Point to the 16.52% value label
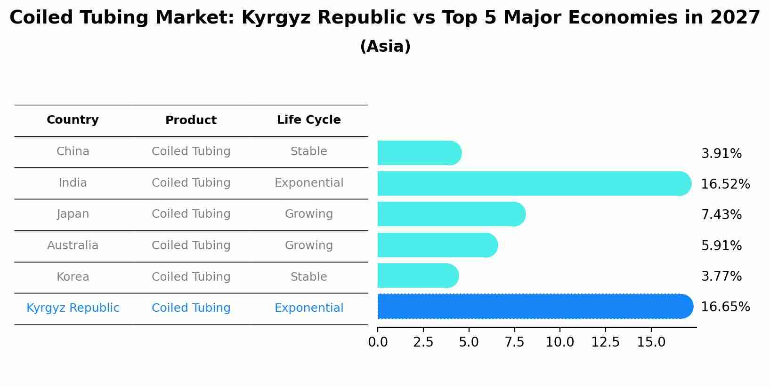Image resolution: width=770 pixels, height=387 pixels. (725, 184)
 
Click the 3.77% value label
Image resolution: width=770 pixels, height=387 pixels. (721, 276)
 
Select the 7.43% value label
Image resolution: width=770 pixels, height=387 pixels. (721, 215)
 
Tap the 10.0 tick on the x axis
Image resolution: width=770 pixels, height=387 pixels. (560, 342)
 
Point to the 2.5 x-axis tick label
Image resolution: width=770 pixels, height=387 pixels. (423, 342)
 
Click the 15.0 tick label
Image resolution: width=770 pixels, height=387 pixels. (651, 342)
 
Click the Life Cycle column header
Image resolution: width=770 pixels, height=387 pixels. (309, 120)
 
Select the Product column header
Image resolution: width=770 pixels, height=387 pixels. (191, 120)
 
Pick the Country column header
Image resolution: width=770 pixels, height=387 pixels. (73, 120)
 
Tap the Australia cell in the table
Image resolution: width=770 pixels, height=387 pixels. (73, 245)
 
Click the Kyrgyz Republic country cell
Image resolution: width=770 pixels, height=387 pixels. (73, 308)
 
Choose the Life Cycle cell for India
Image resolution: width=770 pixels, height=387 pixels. (309, 183)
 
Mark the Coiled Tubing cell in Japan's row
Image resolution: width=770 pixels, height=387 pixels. (191, 214)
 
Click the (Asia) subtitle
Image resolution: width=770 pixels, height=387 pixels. (385, 47)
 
